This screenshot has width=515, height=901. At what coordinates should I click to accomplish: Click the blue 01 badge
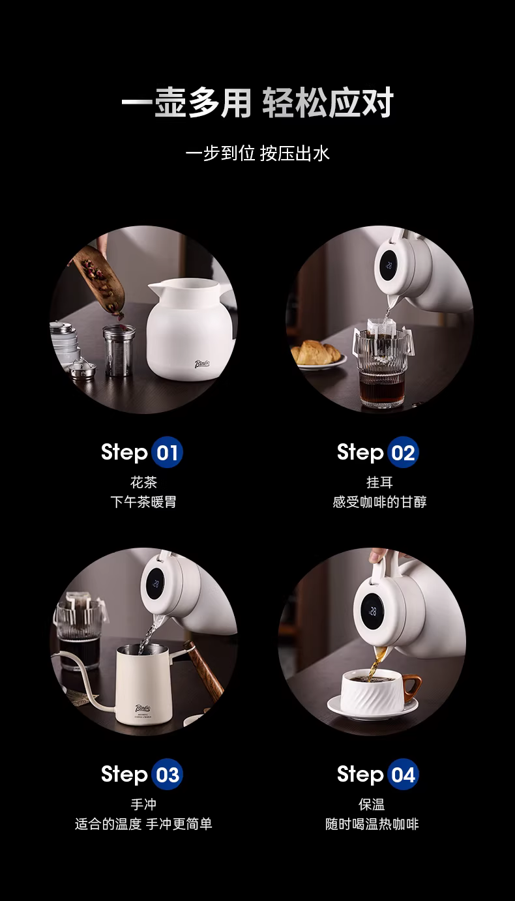pos(168,452)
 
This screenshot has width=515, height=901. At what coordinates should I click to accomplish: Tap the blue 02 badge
pos(403,452)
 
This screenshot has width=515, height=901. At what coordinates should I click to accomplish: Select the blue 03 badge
pos(168,775)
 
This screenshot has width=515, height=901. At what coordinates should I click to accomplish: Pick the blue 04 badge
pos(403,775)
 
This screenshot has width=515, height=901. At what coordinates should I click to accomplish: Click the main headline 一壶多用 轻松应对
pos(257,103)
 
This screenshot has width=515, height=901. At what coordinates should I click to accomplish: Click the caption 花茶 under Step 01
pos(143,482)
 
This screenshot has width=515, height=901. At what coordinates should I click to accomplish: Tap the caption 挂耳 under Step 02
pos(379,482)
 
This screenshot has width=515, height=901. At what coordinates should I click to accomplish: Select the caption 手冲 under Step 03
pos(143,805)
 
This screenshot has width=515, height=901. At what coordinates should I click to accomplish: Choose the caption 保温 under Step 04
pos(372,805)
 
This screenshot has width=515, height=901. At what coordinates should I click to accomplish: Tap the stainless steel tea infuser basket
pos(118,350)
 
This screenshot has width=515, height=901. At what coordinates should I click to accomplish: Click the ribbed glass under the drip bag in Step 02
pos(381,368)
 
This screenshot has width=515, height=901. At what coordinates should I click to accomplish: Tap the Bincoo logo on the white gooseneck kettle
pos(143,707)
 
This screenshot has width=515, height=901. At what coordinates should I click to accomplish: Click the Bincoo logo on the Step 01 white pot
pos(202,364)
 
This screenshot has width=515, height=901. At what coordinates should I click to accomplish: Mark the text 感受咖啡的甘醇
pos(379,502)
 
